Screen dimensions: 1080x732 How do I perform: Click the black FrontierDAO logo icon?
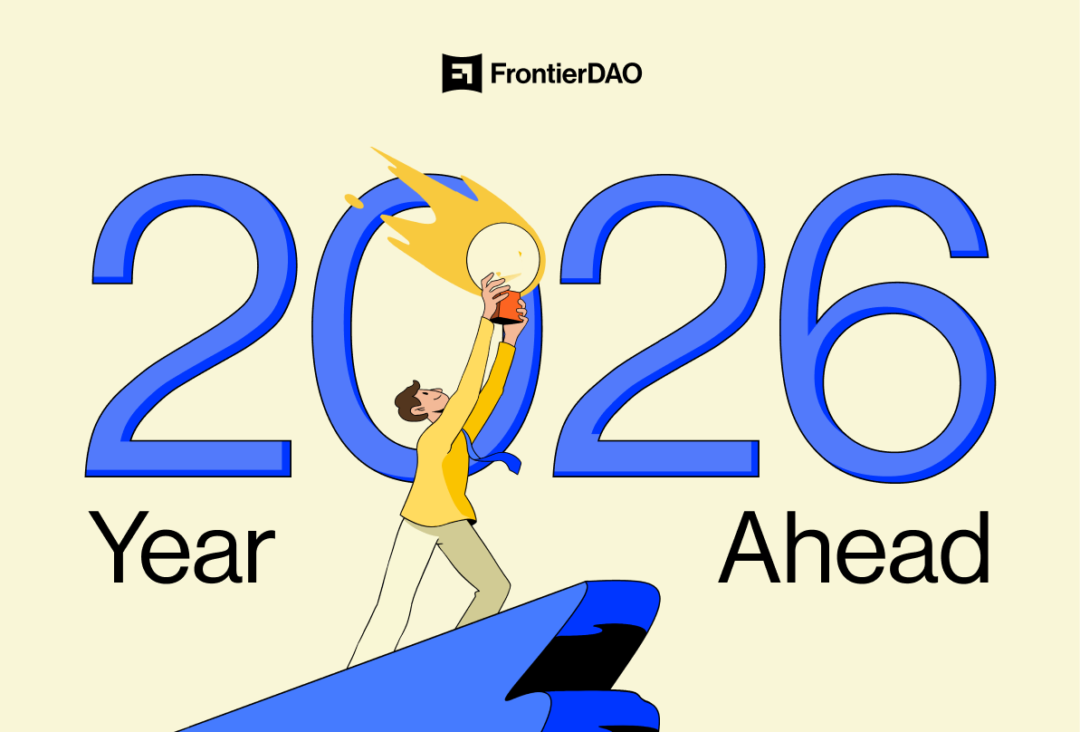tap(462, 73)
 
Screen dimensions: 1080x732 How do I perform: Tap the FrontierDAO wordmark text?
tap(566, 73)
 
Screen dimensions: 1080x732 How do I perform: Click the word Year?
tap(182, 548)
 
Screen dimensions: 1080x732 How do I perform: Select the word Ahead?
tap(854, 547)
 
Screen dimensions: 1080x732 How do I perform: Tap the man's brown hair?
tap(409, 403)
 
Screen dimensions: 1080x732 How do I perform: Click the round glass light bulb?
tap(502, 258)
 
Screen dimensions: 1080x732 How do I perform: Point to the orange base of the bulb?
tap(510, 307)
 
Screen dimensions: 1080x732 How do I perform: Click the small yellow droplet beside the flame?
tap(354, 200)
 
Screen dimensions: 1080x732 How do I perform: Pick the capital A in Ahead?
tap(753, 547)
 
